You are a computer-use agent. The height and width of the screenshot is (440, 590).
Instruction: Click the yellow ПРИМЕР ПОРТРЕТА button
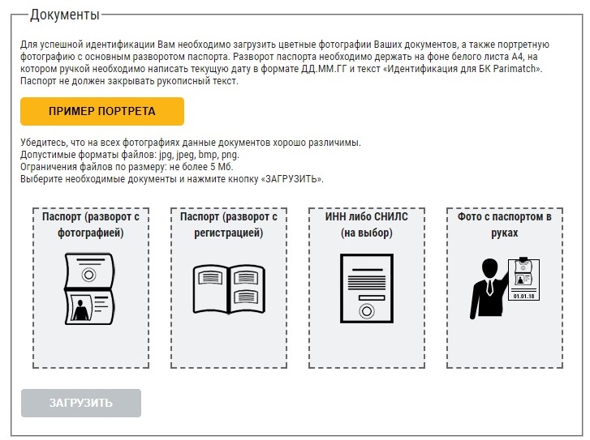[102, 111]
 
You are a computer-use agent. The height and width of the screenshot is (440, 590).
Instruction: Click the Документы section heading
[65, 15]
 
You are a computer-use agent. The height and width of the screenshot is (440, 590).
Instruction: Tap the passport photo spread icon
[89, 288]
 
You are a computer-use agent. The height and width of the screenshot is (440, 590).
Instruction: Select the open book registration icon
[229, 289]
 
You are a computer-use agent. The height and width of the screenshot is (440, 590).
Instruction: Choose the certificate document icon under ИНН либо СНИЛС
[367, 288]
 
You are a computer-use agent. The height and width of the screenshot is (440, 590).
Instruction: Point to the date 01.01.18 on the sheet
[523, 296]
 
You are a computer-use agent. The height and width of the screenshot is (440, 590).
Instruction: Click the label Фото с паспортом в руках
[505, 224]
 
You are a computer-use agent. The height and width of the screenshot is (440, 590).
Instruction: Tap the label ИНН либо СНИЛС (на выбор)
[367, 224]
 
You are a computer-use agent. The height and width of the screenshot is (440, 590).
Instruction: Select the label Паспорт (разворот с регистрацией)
[229, 224]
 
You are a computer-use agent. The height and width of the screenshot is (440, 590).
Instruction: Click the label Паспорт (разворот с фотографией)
[91, 224]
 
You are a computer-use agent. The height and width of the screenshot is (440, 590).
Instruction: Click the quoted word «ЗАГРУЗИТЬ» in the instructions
[291, 179]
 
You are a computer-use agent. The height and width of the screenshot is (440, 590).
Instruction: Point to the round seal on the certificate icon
[367, 311]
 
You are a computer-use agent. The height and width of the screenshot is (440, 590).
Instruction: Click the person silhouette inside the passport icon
[80, 310]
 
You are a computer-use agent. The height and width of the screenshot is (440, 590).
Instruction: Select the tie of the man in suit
[489, 287]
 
